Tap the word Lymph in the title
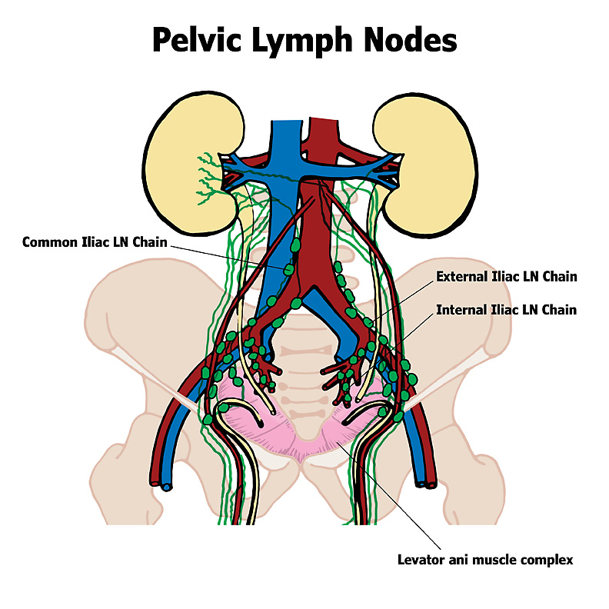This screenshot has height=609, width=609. click(x=307, y=40)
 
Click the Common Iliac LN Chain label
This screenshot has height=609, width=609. click(x=93, y=241)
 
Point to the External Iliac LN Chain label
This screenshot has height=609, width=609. click(x=506, y=276)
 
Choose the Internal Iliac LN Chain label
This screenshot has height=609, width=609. click(x=506, y=311)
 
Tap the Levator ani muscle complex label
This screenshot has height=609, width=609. click(x=484, y=559)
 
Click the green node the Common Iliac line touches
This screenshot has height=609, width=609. click(x=288, y=270)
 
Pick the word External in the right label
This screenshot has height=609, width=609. click(x=461, y=276)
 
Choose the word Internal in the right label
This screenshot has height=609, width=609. click(x=461, y=311)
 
